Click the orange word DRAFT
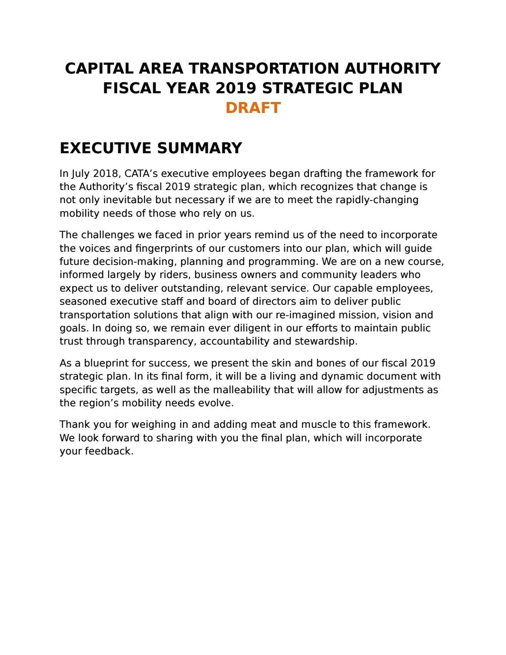(x=253, y=108)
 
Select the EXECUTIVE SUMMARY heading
(x=151, y=148)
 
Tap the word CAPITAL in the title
(x=98, y=68)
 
